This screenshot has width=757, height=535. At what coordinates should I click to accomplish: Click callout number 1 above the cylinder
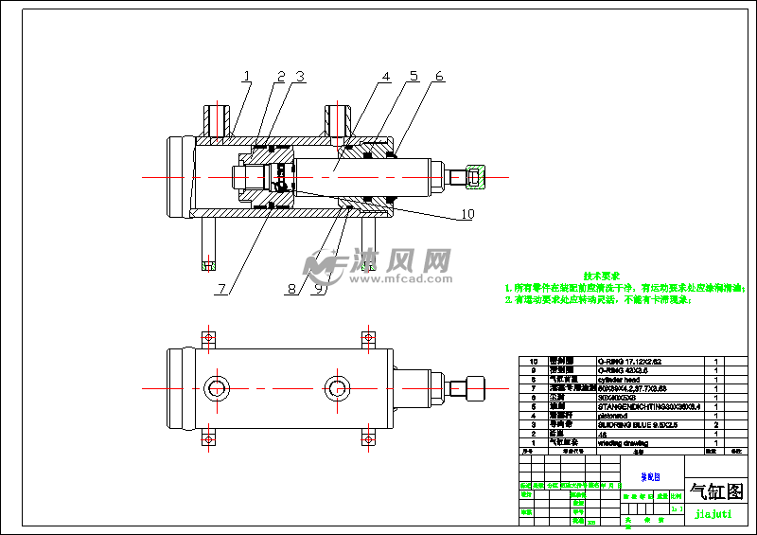point(246,76)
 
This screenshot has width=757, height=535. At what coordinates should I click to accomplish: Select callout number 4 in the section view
point(386,76)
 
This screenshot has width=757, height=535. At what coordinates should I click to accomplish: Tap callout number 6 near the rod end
point(439,76)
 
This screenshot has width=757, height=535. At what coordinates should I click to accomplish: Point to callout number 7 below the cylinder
point(220,289)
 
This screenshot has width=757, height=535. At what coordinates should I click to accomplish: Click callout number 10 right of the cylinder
point(466,214)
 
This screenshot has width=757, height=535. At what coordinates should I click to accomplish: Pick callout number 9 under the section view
point(321,289)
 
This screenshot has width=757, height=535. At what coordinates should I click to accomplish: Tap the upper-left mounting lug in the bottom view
point(205,338)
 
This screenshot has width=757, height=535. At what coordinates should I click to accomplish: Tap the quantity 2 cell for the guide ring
point(716,424)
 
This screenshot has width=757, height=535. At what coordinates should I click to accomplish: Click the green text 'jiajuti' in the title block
point(714,514)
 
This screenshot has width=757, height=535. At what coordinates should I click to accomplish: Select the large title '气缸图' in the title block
point(716,491)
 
